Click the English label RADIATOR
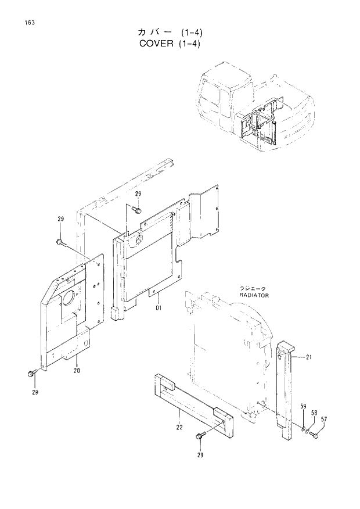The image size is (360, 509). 253,295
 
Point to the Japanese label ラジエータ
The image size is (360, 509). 252,289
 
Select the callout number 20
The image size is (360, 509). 77,370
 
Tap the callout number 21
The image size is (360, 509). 309,357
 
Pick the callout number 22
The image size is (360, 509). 179,428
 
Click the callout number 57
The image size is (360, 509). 324,418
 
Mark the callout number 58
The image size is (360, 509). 314,413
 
